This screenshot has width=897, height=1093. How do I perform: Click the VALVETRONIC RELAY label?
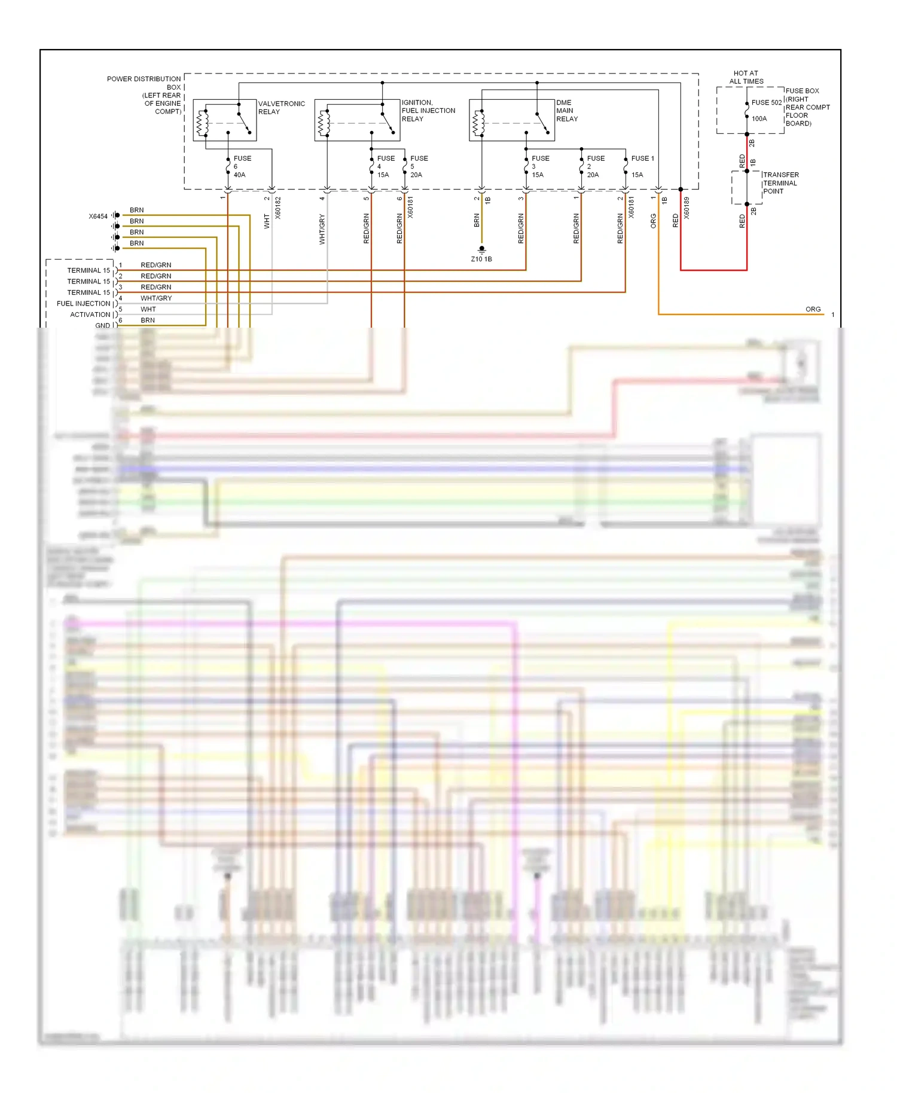coord(281,108)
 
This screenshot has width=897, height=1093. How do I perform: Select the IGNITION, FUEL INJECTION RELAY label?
coord(428,111)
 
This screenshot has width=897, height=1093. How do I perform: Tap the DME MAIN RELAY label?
coord(567,111)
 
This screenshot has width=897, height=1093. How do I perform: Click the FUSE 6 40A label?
coord(242,167)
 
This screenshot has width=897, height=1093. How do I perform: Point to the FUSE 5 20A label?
coord(419,167)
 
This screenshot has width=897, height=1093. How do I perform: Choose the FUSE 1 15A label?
coord(642,166)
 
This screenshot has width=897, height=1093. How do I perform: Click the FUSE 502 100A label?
coord(765,110)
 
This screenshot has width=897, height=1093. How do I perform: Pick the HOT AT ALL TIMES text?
coord(746,77)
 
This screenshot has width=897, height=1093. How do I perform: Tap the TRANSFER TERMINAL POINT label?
coord(780,183)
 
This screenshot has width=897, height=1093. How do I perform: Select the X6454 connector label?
coord(98,216)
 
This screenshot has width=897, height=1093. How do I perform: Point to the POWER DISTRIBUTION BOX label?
coord(144,95)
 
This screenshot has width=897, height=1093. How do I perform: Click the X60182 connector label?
coord(278,207)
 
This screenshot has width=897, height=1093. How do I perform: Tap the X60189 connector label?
coord(687,207)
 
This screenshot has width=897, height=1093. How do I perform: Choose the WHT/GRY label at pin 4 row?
coord(156,298)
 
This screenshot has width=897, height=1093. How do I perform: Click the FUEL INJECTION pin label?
coord(83,304)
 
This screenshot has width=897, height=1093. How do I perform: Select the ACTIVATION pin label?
coord(90,315)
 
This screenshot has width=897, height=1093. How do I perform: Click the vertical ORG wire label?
coord(654,221)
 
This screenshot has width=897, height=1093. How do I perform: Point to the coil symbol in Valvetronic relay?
coord(203,123)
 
